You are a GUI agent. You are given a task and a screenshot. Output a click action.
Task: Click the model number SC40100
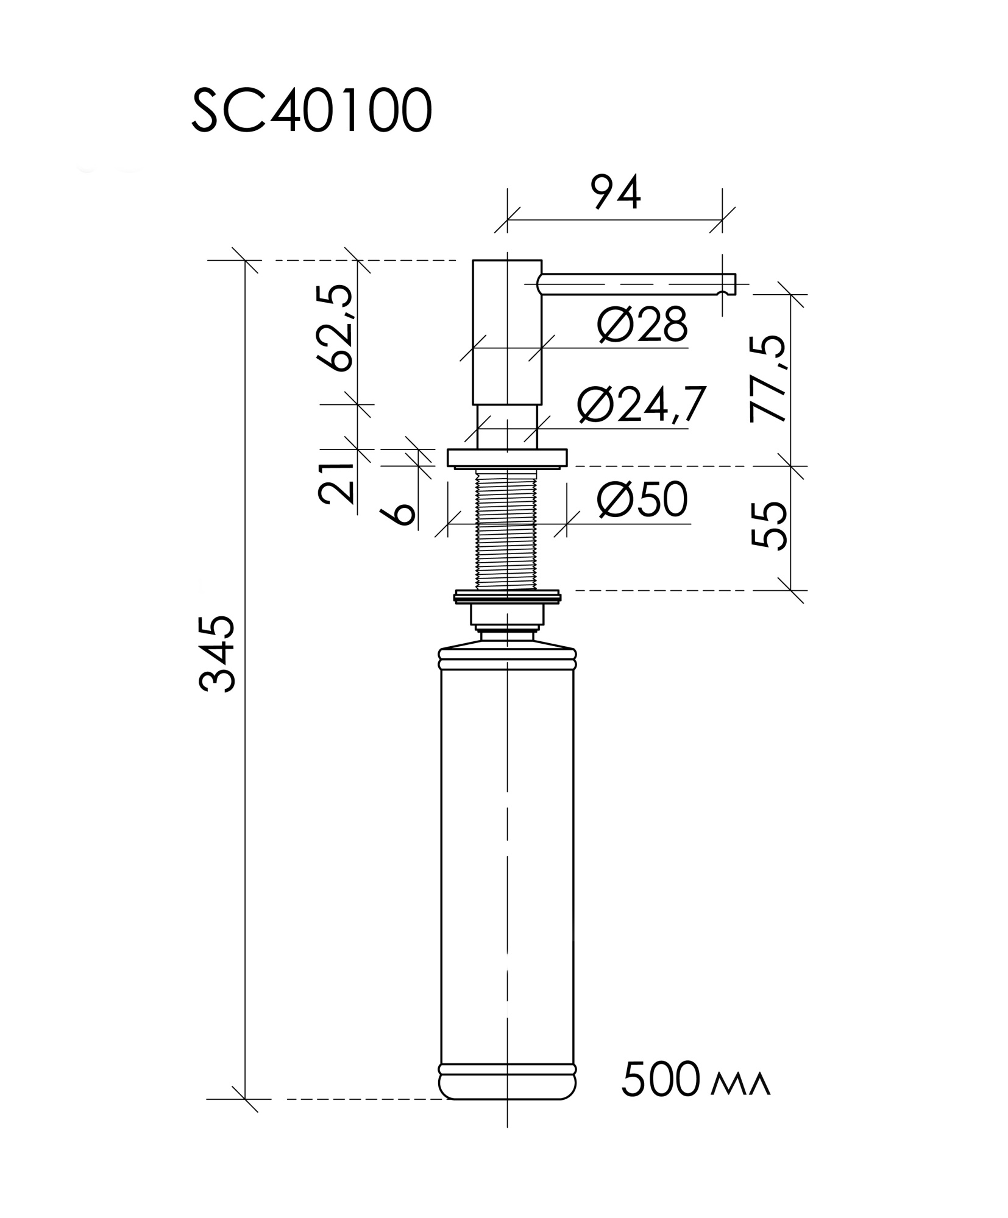point(311,111)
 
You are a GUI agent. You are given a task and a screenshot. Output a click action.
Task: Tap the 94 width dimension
point(616,192)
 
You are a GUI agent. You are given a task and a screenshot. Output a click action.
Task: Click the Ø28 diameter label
point(642,325)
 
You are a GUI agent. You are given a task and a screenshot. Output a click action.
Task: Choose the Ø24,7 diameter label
point(641,404)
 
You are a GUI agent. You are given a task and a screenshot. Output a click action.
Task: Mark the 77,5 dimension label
point(767,379)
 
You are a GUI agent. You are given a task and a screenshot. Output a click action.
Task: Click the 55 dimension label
point(767,526)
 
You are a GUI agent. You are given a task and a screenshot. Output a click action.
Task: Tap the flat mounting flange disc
point(506,458)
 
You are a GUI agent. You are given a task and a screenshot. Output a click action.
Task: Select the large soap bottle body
point(506,853)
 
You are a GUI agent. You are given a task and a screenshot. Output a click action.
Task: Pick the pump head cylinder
point(506,332)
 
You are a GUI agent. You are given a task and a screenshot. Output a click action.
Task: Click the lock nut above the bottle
point(506,596)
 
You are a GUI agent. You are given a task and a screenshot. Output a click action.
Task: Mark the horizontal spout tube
point(634,284)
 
